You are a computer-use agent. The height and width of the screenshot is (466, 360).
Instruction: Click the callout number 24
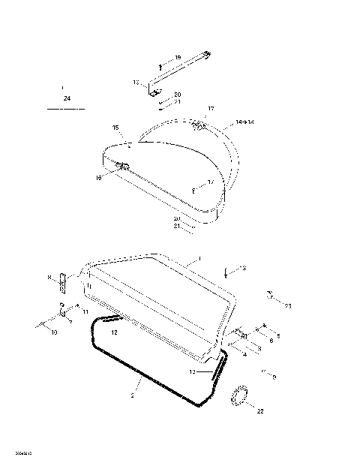[67, 98]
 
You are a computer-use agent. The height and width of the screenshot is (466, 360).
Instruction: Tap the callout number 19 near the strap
[178, 58]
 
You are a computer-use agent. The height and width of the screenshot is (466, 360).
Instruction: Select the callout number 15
[115, 128]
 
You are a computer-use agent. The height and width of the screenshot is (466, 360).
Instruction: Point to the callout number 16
[98, 177]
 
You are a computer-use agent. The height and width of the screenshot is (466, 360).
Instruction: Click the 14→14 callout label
[244, 121]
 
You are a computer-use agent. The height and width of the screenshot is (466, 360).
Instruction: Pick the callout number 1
[199, 258]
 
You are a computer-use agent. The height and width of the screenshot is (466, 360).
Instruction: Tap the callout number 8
[49, 278]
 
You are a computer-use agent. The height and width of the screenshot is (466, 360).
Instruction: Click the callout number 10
[53, 332]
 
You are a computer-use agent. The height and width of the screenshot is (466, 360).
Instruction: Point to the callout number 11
[85, 311]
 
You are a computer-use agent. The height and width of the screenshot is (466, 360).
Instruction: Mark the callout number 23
[287, 305]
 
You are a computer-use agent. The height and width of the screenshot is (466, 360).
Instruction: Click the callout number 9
[274, 377]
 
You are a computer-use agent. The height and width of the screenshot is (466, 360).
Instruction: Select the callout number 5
[278, 335]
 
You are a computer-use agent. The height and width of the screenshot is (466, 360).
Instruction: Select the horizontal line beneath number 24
[66, 110]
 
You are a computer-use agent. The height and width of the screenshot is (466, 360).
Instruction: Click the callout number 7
[70, 322]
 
